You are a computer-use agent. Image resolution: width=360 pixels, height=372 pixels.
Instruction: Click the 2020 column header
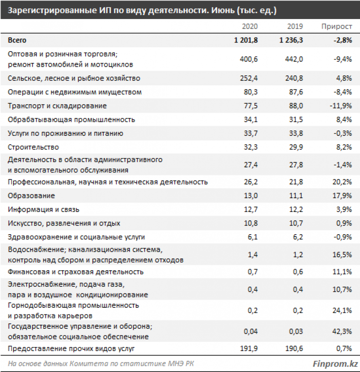coord(250,26)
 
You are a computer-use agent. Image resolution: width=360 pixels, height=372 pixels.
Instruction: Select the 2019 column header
coord(295,26)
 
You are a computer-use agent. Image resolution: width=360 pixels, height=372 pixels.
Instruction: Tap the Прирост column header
coord(337,26)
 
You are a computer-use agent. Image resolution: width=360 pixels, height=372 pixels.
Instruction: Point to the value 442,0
coord(294,59)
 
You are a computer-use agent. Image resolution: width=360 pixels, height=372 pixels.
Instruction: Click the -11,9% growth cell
coord(340,106)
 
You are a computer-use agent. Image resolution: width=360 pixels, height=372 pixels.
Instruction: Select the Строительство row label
coord(34,147)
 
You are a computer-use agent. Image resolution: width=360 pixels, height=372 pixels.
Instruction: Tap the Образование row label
coord(32,196)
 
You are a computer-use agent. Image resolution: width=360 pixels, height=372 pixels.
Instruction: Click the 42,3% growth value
coord(342,332)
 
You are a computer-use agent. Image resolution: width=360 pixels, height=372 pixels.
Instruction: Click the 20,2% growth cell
coord(342,182)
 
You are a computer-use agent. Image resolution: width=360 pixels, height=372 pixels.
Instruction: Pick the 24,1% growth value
coord(342,310)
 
